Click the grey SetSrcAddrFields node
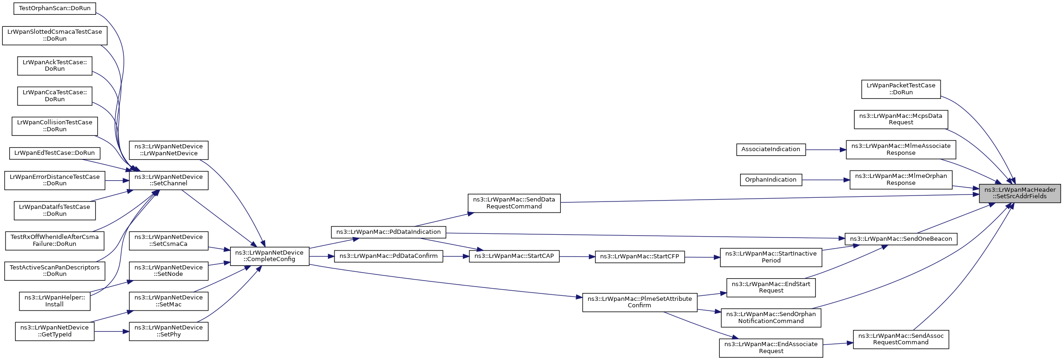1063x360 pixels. (x=1020, y=193)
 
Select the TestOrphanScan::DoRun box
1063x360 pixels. (x=55, y=8)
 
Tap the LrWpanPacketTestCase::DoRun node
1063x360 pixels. (x=900, y=89)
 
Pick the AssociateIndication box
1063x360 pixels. (x=771, y=149)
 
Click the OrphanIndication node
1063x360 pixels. (x=771, y=180)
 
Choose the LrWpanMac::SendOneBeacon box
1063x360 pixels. (x=901, y=239)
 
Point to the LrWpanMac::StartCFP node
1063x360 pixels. (x=639, y=256)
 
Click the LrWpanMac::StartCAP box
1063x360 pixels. (x=514, y=256)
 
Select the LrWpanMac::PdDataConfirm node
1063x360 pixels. (x=388, y=256)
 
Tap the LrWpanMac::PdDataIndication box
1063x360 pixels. (x=388, y=232)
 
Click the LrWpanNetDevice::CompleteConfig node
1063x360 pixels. (x=269, y=256)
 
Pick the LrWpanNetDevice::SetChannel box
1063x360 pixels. (x=169, y=180)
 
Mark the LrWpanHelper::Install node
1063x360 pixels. (x=55, y=301)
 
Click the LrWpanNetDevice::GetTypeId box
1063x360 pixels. (x=55, y=331)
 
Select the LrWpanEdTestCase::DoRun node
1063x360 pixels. (x=55, y=153)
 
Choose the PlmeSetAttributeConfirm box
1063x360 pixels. (x=639, y=302)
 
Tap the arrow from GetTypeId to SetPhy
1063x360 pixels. (x=111, y=331)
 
